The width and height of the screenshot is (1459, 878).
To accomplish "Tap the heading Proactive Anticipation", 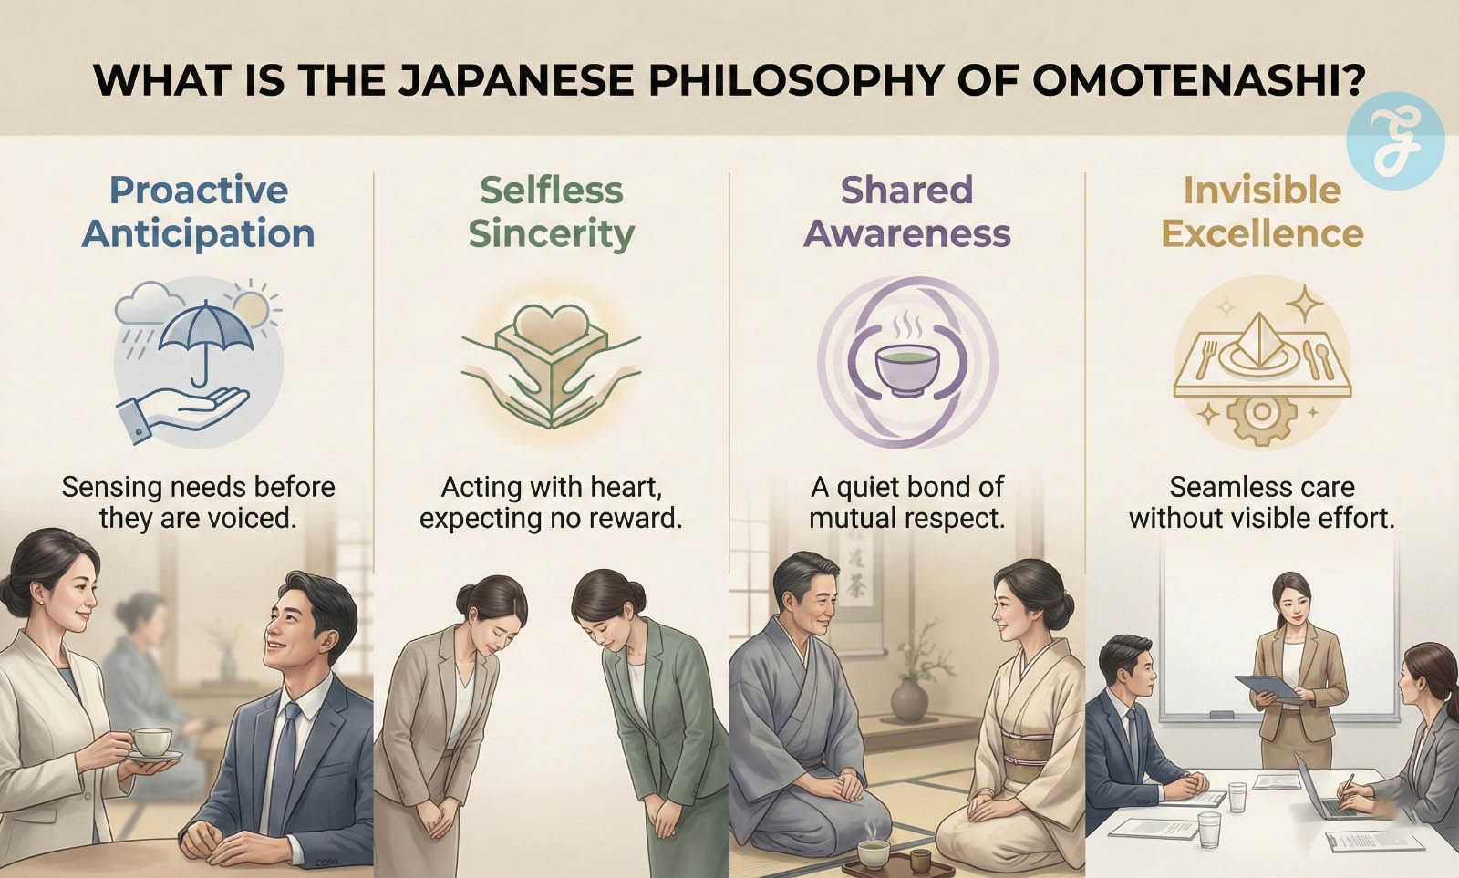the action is click(x=198, y=212).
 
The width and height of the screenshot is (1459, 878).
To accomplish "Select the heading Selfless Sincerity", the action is click(x=551, y=212).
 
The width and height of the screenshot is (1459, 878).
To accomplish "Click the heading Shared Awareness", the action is click(x=906, y=212).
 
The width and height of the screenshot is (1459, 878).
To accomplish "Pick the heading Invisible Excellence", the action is click(x=1262, y=212).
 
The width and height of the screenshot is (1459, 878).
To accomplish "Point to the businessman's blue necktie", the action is click(x=285, y=769).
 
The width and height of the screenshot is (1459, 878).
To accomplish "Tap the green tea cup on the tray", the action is click(x=873, y=853).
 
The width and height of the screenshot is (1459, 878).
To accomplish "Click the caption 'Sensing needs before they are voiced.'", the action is click(x=198, y=502).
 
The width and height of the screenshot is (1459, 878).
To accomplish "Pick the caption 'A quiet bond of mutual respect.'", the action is click(x=906, y=502).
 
